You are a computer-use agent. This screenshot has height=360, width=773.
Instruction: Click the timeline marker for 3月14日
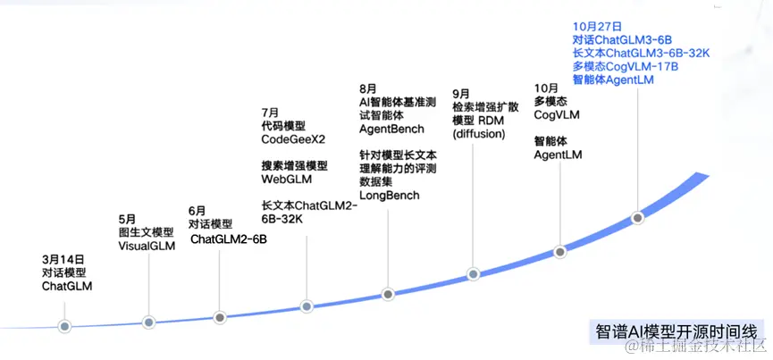(63, 325)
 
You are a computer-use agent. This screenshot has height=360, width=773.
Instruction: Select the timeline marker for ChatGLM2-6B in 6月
(220, 316)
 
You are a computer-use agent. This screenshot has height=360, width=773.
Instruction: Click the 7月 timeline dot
(307, 306)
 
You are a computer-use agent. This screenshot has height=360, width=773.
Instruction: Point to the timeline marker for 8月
(388, 294)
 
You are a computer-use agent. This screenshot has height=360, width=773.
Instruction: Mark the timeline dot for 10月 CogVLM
(560, 251)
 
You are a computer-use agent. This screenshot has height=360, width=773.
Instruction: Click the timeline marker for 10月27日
(637, 217)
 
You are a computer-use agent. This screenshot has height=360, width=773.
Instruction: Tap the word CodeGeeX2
(291, 140)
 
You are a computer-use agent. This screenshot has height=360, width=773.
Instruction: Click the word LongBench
(389, 195)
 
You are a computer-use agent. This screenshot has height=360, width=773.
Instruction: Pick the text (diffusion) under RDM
(479, 134)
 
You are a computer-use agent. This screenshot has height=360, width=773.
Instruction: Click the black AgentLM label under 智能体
(559, 155)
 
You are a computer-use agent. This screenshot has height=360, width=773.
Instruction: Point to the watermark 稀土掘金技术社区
(693, 346)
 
